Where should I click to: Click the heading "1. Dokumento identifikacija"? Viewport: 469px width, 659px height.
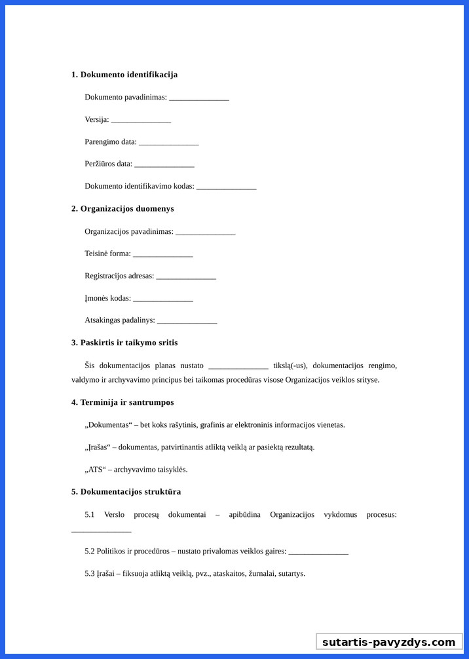(x=124, y=75)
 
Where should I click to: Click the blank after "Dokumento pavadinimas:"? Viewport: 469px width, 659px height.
(x=199, y=98)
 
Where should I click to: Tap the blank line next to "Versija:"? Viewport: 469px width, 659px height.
(x=141, y=120)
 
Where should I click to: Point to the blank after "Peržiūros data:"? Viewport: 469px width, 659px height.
(x=164, y=164)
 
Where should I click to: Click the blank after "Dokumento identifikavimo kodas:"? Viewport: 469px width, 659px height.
(x=226, y=187)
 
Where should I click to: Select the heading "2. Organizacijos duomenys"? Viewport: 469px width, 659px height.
(x=122, y=209)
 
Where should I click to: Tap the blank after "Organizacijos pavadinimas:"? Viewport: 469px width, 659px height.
(x=205, y=232)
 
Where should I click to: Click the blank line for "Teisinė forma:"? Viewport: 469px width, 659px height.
(x=162, y=254)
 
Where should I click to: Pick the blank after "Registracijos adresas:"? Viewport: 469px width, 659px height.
(x=186, y=276)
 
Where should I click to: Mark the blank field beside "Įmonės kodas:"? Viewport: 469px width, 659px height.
(x=162, y=299)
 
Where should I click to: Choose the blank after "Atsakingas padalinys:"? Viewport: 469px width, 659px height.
(x=187, y=321)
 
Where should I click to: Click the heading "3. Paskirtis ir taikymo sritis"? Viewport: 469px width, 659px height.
(x=124, y=343)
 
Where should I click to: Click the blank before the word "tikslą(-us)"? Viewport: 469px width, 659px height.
(x=238, y=366)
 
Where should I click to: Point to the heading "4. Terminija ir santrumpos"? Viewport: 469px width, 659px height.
(x=122, y=402)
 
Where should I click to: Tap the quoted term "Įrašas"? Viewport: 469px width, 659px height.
(x=98, y=447)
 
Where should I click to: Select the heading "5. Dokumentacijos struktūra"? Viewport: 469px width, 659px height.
(x=126, y=492)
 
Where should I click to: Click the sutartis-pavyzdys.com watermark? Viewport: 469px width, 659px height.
(x=388, y=642)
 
